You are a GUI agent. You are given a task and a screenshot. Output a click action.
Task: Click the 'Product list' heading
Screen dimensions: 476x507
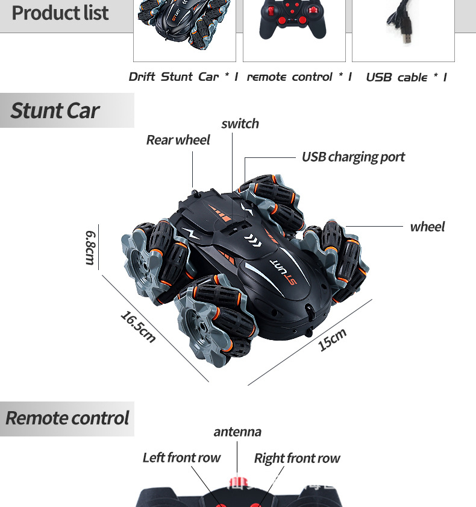[60, 13]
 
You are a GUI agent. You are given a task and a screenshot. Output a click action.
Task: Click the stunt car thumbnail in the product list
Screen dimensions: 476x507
[184, 27]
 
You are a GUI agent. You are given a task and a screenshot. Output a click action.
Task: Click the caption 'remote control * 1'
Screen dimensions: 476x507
[299, 77]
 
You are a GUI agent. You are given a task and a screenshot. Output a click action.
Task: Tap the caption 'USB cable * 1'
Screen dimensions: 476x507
[406, 77]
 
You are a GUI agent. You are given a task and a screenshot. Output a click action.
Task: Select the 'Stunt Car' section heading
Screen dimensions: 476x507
[55, 111]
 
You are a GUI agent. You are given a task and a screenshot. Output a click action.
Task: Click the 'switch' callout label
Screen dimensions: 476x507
[240, 124]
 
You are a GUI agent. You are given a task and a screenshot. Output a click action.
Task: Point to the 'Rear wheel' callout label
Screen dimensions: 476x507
[178, 140]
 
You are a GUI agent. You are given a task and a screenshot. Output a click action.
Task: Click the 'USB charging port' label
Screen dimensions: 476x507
[353, 157]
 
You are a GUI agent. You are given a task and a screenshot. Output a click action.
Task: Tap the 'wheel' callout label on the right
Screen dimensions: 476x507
[427, 227]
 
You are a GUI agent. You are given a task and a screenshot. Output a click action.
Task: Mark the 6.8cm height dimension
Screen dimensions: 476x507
[90, 247]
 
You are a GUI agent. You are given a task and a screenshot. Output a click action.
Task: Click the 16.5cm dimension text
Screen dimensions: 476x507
[138, 326]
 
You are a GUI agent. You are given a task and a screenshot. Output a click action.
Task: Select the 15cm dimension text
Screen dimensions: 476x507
[332, 340]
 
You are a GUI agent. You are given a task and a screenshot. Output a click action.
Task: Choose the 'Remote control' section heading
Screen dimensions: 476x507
[67, 418]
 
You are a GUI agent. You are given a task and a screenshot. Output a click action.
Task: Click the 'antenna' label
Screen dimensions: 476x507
[237, 432]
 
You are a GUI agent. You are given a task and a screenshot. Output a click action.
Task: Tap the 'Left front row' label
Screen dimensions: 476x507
[181, 458]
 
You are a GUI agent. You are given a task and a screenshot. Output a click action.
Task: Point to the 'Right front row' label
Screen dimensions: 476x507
[297, 458]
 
